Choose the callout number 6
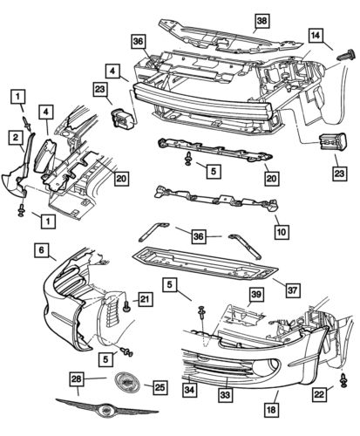(40, 249)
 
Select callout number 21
(145, 301)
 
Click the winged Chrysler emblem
(102, 411)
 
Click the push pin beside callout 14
(342, 55)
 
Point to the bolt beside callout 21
(126, 305)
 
